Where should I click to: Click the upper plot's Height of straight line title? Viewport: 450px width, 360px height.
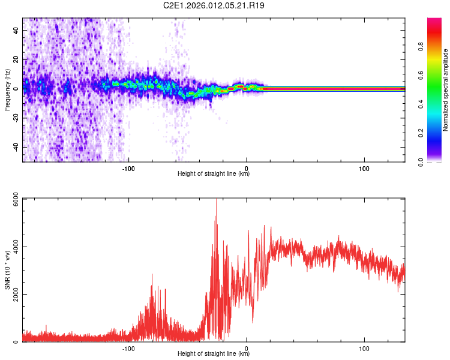coord(214,174)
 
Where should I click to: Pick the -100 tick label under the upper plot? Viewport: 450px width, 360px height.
coord(128,167)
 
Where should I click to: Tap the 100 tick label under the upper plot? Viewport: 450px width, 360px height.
coord(364,167)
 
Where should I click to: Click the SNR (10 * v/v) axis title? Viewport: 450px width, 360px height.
coord(7,270)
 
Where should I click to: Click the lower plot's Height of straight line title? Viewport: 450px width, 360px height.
coord(214,354)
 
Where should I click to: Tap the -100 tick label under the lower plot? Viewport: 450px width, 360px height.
coord(128,348)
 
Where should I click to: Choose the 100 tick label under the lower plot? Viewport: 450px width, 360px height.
coord(364,348)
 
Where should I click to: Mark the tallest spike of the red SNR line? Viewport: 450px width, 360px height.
coord(217,200)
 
